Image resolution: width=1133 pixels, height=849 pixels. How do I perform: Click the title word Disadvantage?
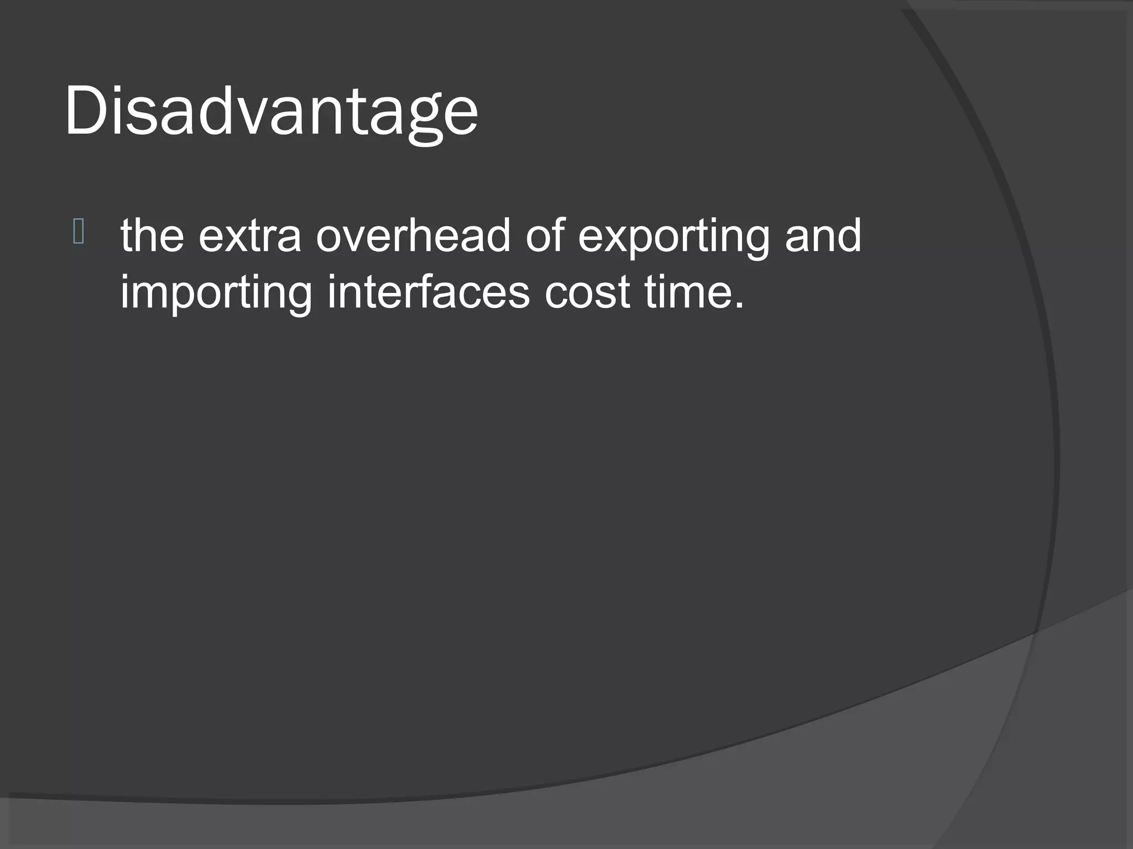(271, 111)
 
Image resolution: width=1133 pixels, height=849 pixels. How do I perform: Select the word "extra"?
(250, 236)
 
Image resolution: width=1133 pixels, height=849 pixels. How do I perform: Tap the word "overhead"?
(413, 236)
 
